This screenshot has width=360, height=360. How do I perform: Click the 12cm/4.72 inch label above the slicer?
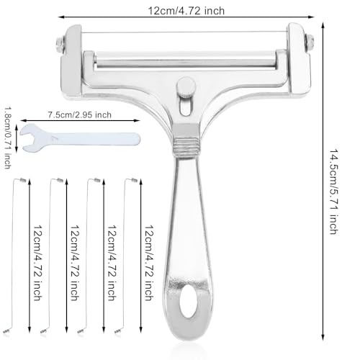click(186, 11)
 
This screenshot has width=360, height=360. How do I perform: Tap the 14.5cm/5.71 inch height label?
click(333, 192)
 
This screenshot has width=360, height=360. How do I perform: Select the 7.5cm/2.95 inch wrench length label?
click(80, 114)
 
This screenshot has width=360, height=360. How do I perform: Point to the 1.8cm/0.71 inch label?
click(7, 138)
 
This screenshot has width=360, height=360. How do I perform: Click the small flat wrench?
click(80, 138)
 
